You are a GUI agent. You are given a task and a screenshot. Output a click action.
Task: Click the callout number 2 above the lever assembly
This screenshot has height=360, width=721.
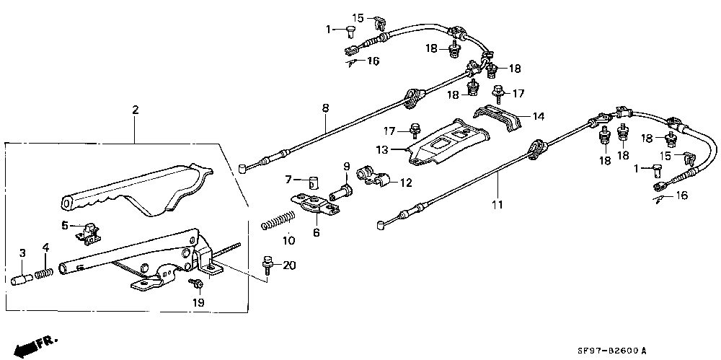[135, 110]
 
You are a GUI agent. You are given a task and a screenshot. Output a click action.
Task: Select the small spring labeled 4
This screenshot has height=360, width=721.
[44, 273]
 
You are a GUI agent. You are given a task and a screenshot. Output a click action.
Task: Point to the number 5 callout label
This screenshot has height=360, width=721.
[64, 225]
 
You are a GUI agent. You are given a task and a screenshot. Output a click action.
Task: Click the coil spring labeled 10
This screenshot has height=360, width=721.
[278, 219]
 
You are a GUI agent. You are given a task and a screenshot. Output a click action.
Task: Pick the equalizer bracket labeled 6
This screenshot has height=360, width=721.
[317, 205]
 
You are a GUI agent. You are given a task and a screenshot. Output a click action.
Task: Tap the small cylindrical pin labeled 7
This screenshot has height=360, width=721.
[313, 183]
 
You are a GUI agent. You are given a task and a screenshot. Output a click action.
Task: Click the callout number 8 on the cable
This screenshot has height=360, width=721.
[326, 109]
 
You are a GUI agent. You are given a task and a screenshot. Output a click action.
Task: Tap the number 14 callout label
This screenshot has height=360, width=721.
[539, 116]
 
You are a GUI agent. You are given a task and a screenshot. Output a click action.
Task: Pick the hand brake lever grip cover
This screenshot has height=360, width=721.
[138, 191]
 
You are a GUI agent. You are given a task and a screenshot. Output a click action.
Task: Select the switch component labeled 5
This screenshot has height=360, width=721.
[88, 234]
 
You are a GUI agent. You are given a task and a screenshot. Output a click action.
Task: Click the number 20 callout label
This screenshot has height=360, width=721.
[290, 265]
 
